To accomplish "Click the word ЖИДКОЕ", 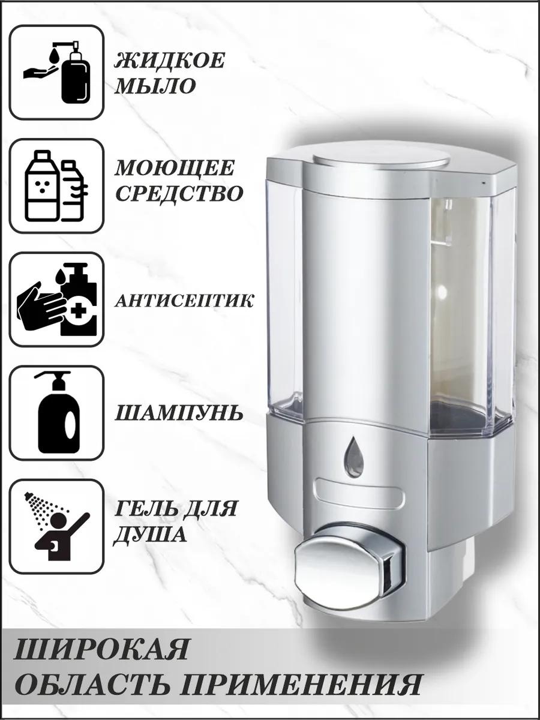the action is coord(169,61).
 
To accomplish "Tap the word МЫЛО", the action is coord(154,86).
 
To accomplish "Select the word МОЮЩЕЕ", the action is coord(175,169).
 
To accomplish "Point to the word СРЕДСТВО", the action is coord(179,194).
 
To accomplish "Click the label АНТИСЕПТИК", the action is coord(184,301).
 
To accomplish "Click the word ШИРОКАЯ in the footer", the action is coord(100,638).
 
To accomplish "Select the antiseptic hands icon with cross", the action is coord(56,299).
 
